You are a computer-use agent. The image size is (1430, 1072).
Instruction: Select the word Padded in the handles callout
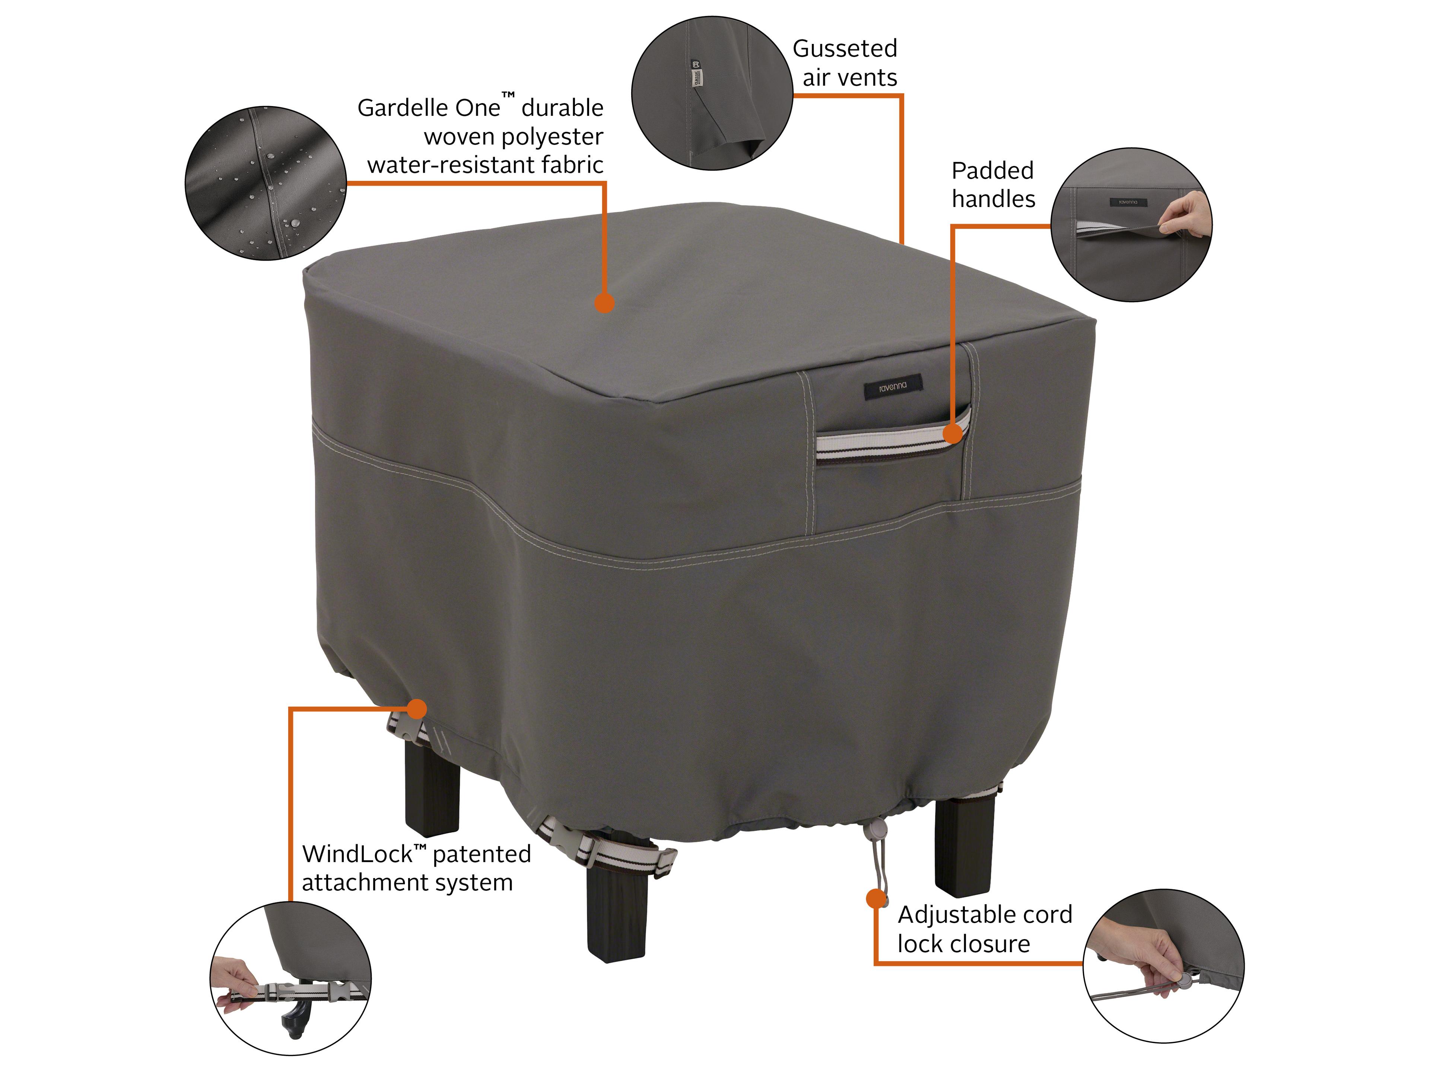tap(992, 170)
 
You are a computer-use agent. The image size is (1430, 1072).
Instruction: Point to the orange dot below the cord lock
tap(876, 898)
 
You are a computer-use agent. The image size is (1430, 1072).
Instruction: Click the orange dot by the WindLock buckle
tap(417, 709)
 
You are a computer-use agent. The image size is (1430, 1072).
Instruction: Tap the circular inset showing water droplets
tap(266, 184)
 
